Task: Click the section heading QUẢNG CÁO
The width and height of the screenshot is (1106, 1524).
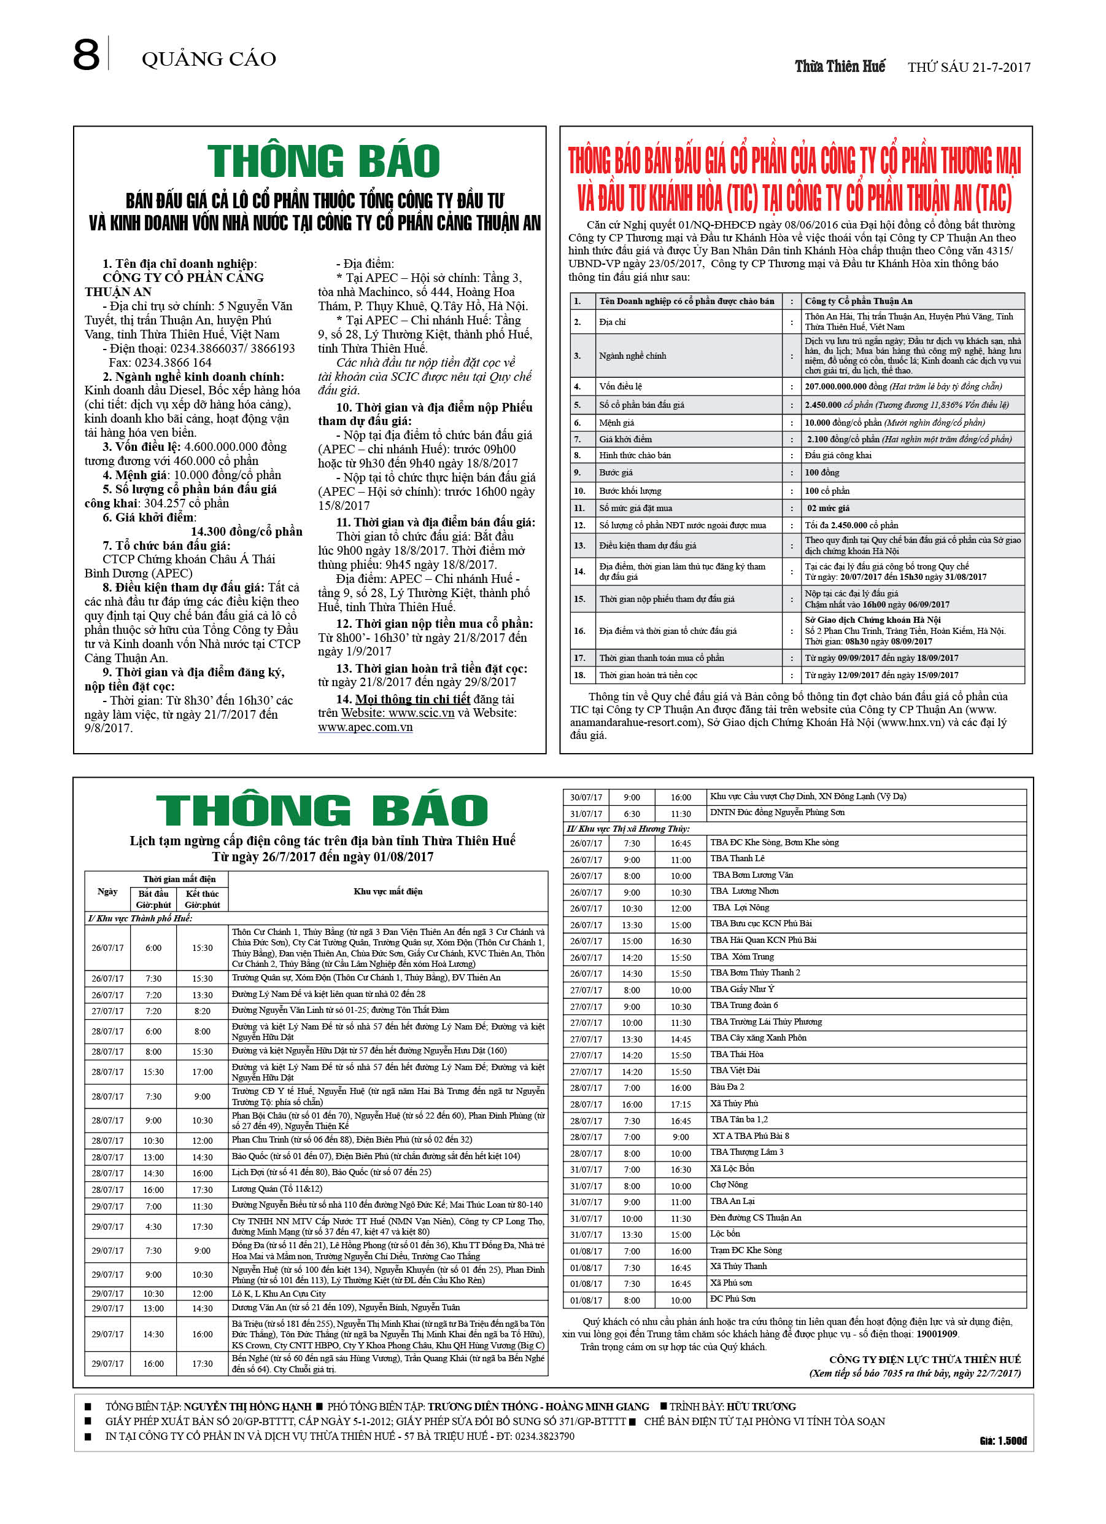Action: tap(209, 59)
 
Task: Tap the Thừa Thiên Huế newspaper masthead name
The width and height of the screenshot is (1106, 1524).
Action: tap(840, 66)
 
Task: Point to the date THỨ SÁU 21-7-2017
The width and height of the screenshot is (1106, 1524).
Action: tap(969, 67)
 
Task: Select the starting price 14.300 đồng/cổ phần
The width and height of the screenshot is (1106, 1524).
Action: tap(247, 531)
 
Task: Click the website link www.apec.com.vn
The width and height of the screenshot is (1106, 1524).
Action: tap(365, 727)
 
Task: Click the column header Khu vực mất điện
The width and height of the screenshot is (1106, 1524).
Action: tap(387, 891)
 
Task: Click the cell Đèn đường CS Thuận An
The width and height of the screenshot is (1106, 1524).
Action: tap(756, 1217)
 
